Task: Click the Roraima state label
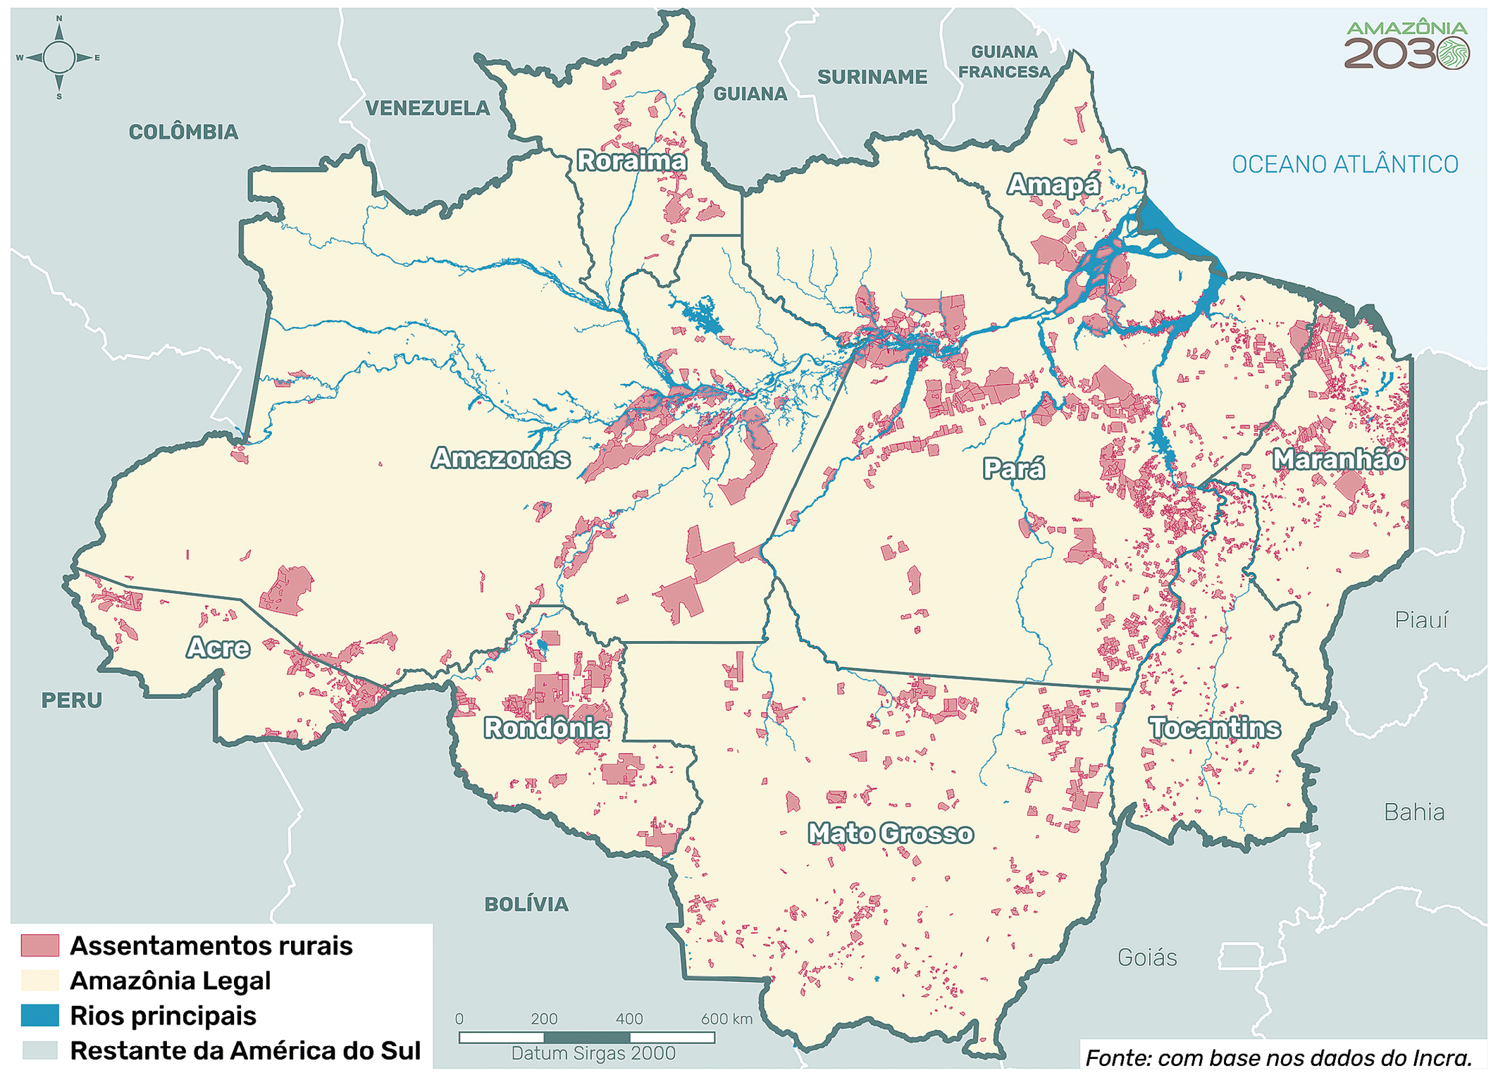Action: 631,161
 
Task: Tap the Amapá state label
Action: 1053,185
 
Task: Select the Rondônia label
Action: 546,728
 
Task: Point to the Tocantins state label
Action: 1214,728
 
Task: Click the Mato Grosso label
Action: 890,833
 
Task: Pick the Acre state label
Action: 218,647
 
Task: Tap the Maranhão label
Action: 1338,459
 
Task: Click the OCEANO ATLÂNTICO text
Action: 1344,165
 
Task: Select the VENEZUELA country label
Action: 427,108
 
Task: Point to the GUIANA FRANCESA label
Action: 1004,62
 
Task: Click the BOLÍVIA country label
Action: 526,905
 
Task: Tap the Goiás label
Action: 1147,958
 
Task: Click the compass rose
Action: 58,58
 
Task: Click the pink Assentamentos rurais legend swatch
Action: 39,945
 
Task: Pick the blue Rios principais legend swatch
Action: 39,1015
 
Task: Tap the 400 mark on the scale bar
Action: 629,1019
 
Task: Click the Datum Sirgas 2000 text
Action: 593,1053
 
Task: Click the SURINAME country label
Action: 872,77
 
